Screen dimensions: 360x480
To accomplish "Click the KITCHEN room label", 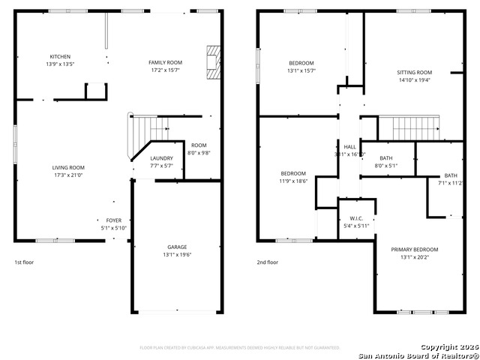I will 61,57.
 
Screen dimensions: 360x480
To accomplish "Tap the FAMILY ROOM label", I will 165,62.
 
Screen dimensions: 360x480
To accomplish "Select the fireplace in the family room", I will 214,61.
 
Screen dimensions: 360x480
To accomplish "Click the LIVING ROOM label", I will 68,167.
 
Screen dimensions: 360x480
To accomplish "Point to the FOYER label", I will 114,221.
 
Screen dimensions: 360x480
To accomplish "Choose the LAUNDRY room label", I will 161,158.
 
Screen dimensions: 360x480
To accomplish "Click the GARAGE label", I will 177,247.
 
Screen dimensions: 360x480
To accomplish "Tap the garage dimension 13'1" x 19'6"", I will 177,254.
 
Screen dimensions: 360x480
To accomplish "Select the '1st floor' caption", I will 24,262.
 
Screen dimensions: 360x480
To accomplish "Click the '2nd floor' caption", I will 268,262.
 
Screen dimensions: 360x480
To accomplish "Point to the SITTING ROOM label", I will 415,73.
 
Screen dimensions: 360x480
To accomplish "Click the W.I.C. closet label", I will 356,218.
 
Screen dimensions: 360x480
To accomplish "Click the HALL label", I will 349,146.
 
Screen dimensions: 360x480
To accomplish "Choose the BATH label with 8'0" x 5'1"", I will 385,157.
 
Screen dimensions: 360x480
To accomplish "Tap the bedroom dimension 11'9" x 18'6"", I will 293,181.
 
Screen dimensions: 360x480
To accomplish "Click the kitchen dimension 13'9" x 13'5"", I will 61,64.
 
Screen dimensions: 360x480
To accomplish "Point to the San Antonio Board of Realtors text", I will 415,355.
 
